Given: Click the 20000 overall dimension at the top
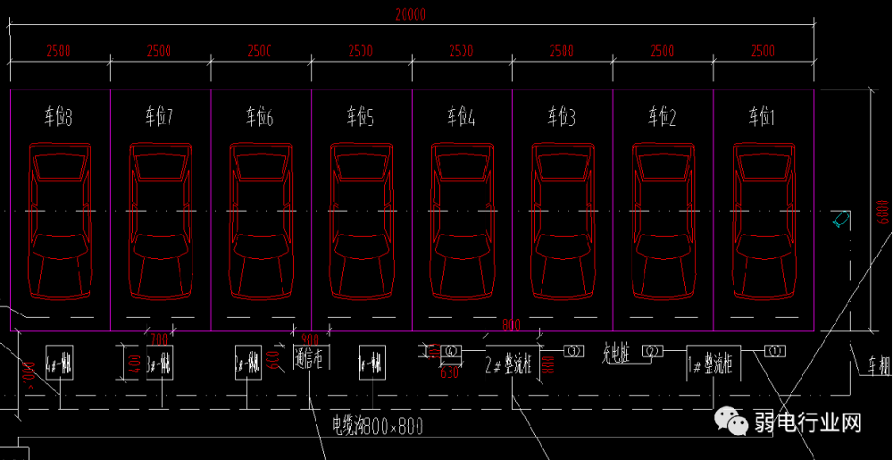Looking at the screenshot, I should [x=411, y=14].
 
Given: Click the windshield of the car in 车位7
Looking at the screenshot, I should [x=160, y=169].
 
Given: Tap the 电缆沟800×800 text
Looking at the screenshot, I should [x=376, y=426].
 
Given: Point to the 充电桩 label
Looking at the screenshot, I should [x=616, y=354].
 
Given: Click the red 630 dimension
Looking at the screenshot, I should [x=448, y=372].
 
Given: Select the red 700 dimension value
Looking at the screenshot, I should [x=158, y=339].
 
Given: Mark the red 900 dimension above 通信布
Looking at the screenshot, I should [x=310, y=339].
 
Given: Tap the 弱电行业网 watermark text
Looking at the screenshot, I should [x=807, y=422].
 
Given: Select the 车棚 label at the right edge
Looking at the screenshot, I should [x=879, y=365].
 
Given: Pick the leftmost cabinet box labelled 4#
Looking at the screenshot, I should [x=59, y=363].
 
